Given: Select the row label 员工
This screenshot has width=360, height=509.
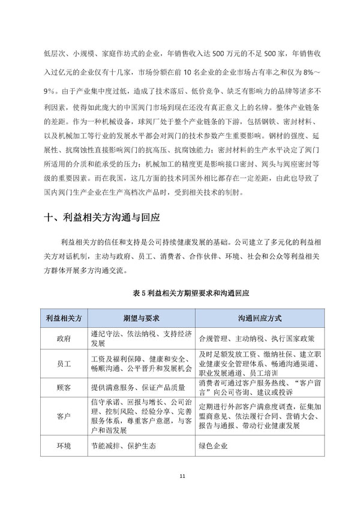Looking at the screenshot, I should click(x=64, y=364).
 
